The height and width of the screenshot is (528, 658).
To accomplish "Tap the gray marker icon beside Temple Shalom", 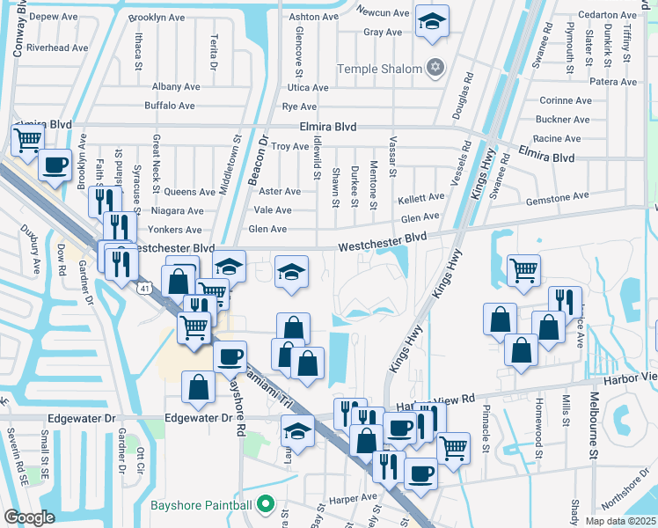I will pos(434,67).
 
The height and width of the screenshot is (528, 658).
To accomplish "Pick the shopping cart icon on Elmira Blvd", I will pos(28,139).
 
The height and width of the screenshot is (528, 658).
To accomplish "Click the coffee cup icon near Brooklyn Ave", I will pos(55,165).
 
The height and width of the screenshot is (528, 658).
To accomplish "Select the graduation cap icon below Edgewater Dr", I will pos(297,432).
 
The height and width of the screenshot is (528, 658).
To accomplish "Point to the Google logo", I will pos(29,517).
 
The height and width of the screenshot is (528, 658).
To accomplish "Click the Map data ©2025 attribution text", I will pos(620,521).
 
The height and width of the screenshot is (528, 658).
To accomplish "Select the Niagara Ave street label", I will pos(176,211).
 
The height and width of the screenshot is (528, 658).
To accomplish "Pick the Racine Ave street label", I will pos(557,139).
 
